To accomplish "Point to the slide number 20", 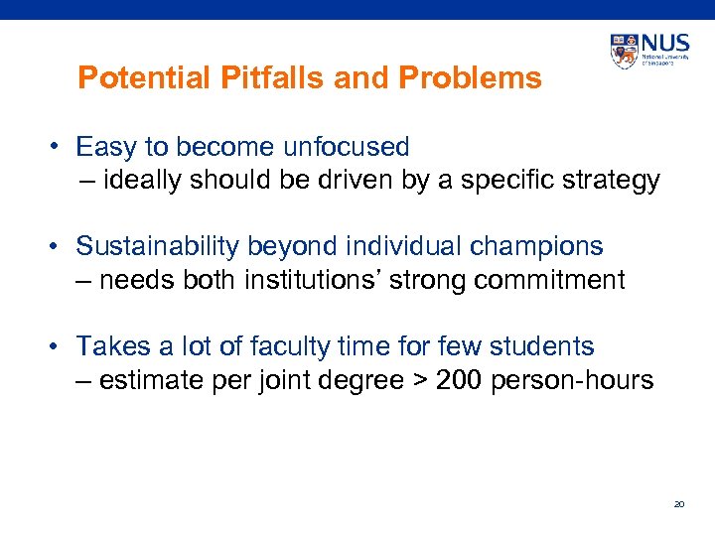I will (x=679, y=504).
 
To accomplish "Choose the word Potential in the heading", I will (x=126, y=77).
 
